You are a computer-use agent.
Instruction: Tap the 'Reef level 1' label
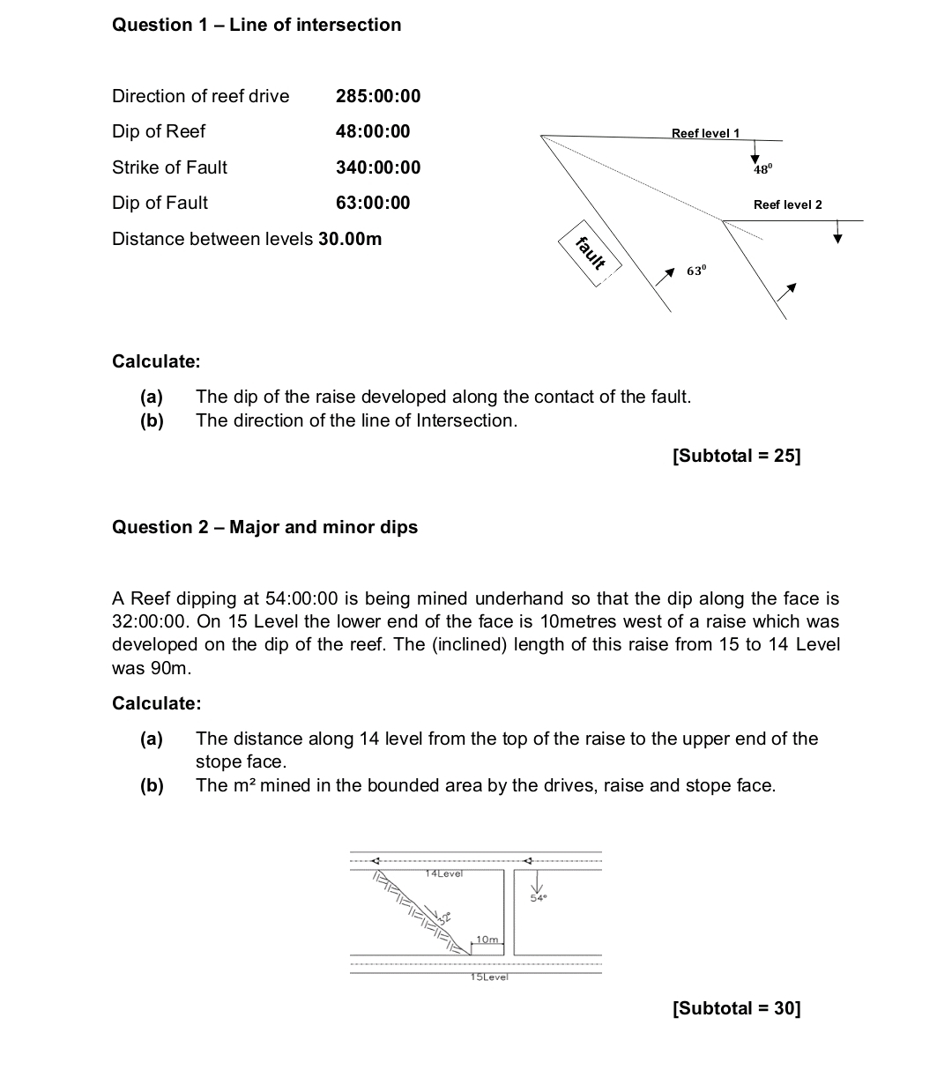pyautogui.click(x=705, y=133)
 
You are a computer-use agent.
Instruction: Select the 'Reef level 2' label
pyautogui.click(x=787, y=204)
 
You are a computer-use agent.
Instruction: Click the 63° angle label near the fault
pyautogui.click(x=696, y=271)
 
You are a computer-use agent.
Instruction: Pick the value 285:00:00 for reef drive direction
pyautogui.click(x=378, y=96)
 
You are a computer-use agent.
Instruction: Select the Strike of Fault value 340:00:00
pyautogui.click(x=378, y=167)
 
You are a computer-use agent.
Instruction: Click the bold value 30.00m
pyautogui.click(x=350, y=239)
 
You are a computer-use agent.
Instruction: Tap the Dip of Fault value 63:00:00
pyautogui.click(x=373, y=203)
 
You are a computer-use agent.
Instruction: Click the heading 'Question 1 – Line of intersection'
pyautogui.click(x=257, y=25)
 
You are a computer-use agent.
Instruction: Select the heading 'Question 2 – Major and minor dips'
pyautogui.click(x=264, y=527)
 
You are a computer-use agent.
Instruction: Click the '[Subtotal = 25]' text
pyautogui.click(x=736, y=456)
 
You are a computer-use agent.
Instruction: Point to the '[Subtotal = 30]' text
pyautogui.click(x=736, y=1008)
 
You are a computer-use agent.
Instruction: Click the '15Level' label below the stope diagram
pyautogui.click(x=489, y=977)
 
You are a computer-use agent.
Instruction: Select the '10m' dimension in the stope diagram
pyautogui.click(x=487, y=940)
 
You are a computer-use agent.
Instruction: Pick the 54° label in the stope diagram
pyautogui.click(x=539, y=898)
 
